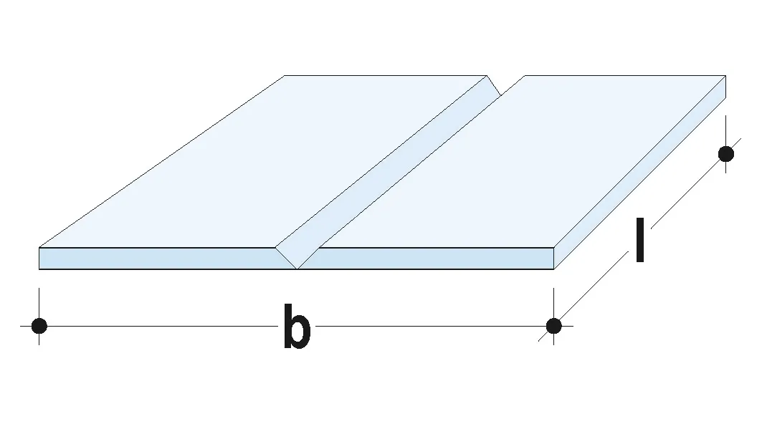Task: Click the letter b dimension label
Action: pos(297,327)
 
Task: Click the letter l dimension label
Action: pos(639,241)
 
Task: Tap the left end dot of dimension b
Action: pos(39,326)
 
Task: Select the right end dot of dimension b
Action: pos(553,326)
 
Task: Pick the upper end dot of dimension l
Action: pos(726,153)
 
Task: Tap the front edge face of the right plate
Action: pos(430,259)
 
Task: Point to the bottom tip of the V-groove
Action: pos(297,269)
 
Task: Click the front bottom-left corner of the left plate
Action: pos(39,269)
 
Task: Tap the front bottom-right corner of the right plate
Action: pos(553,269)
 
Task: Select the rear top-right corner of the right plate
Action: pos(725,75)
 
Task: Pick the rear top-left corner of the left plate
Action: pos(285,75)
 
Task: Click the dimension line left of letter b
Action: pos(158,326)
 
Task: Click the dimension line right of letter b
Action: pos(430,326)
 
